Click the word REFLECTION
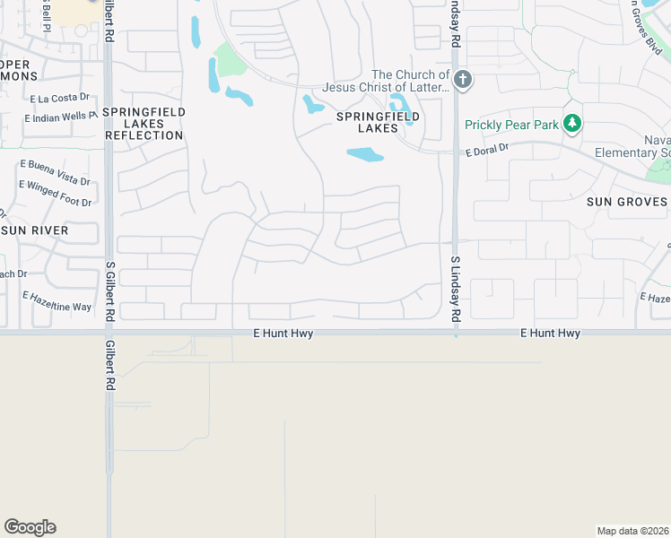pos(144,135)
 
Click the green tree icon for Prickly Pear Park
pos(571,125)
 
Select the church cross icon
pos(462,80)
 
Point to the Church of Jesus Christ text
pos(410,81)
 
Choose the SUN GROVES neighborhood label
pos(627,202)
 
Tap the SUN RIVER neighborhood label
pos(36,230)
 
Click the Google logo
pos(30,527)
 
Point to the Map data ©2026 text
pos(632,531)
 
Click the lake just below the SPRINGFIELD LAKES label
pos(365,155)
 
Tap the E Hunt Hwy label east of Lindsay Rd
pos(550,334)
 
